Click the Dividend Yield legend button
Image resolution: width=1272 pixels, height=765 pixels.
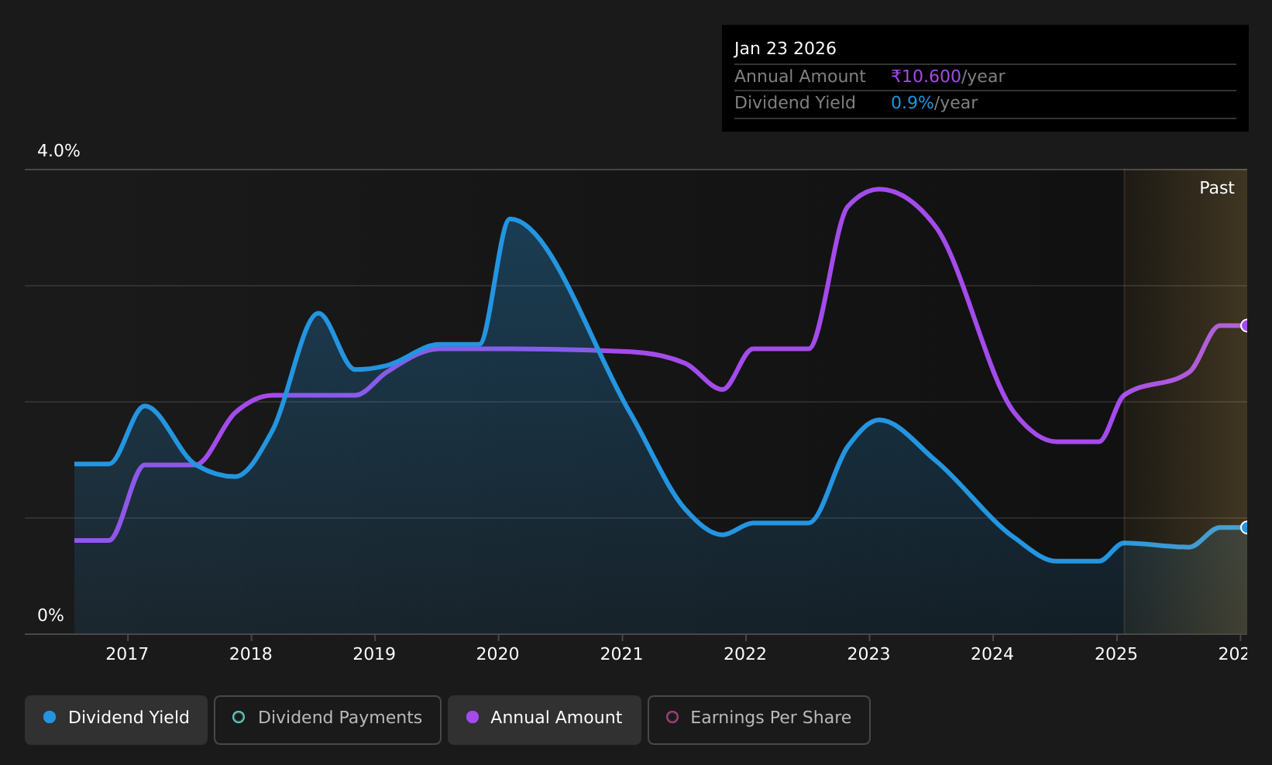116,719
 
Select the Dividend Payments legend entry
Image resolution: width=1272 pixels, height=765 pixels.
328,719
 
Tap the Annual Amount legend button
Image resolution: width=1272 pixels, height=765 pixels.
544,719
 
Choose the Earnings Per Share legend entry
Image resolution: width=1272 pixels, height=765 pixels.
758,719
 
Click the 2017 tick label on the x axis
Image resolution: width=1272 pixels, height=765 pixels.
127,654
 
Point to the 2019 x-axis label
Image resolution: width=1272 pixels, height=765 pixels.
374,654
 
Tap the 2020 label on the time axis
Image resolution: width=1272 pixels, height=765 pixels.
498,654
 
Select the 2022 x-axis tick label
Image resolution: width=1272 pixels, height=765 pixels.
745,654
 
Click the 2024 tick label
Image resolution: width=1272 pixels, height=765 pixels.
992,654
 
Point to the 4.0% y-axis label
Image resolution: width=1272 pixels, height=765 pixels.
59,151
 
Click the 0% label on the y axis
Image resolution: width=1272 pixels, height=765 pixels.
50,616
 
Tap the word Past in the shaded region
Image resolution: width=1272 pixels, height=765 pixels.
1216,188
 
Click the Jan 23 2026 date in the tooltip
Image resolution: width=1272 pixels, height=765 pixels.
785,49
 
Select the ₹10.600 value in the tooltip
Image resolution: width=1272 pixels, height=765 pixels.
926,77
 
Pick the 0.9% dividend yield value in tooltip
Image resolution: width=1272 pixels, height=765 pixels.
912,103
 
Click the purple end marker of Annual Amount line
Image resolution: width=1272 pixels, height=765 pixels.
1246,326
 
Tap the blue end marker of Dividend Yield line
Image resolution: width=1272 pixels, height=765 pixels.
1246,528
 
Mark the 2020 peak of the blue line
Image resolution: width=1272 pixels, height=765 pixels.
511,219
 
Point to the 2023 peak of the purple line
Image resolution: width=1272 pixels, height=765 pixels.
878,190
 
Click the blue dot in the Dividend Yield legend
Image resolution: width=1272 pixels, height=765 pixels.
50,717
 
